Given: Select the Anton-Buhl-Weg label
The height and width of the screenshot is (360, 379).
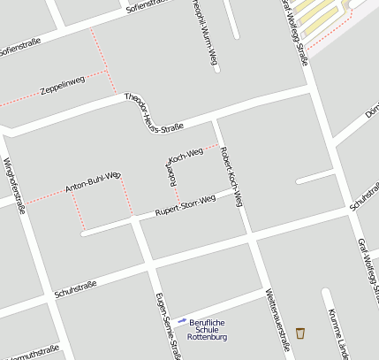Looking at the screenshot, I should click(x=92, y=182).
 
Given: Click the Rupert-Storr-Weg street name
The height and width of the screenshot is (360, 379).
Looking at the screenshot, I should click(x=186, y=206).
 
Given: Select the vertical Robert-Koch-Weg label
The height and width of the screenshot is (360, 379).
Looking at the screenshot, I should click(x=231, y=173).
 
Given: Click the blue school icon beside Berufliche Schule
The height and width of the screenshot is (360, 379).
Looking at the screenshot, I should click(x=182, y=320).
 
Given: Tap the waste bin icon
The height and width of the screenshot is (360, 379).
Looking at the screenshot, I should click(x=301, y=333).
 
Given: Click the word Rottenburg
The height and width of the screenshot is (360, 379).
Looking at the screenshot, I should click(x=208, y=337).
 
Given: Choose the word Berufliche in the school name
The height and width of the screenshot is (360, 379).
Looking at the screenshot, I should click(x=208, y=320).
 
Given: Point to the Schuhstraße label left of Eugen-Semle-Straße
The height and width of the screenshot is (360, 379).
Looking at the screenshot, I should click(x=74, y=286).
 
